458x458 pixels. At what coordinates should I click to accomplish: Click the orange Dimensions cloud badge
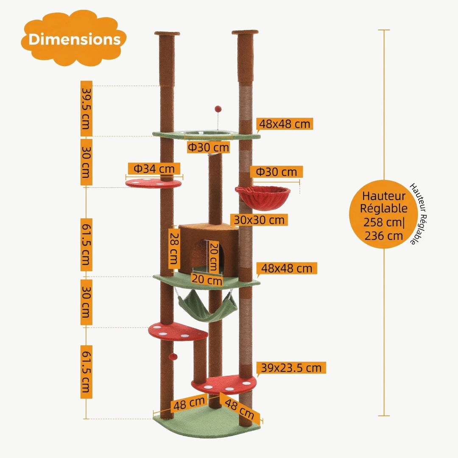point(74,39)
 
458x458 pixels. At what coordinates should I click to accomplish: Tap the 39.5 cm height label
point(86,109)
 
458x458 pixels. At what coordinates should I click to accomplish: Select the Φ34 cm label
point(154,169)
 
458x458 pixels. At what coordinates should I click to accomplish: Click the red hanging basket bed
point(263,197)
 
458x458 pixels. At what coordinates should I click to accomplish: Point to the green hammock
point(207,305)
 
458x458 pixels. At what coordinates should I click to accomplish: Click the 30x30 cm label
point(259,220)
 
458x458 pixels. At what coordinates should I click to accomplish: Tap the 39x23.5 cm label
point(291,368)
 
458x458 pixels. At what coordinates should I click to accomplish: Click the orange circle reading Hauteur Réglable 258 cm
point(384,215)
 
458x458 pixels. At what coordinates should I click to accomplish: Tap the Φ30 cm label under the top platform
point(208,147)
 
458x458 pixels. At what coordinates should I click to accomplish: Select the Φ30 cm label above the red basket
point(276,172)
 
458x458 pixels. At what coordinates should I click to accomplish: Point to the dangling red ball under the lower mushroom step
point(172,357)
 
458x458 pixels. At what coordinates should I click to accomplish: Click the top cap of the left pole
point(167,33)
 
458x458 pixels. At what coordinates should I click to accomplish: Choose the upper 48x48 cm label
point(285,124)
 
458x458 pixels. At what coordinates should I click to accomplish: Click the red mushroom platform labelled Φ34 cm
point(153,184)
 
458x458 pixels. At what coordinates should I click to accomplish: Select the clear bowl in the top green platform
point(208,134)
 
